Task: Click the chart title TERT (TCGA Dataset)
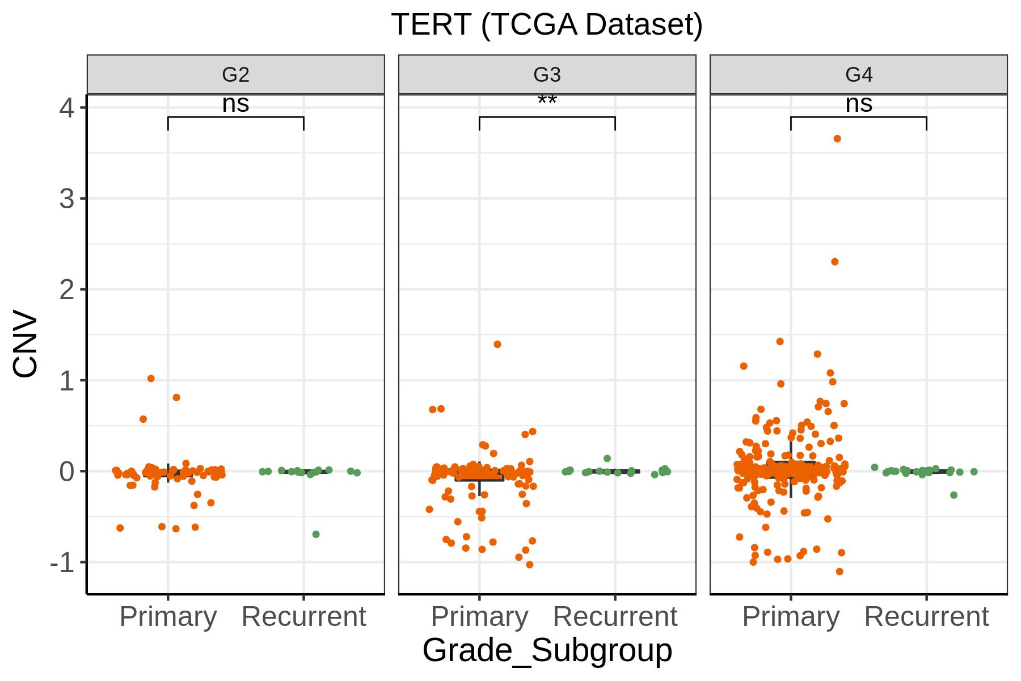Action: coord(547,25)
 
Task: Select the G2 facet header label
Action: coord(235,74)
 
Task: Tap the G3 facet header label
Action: coord(547,74)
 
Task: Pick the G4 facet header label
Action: coord(859,74)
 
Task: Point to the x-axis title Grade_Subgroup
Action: coord(547,650)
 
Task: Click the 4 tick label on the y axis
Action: coord(67,108)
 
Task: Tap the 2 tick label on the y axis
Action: coord(67,290)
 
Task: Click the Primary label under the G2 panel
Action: coord(168,616)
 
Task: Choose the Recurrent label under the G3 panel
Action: coord(615,616)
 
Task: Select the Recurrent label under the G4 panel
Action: coord(927,616)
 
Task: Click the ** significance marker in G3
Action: coord(547,101)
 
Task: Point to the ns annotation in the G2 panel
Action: coord(235,104)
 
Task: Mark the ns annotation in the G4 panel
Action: coord(859,104)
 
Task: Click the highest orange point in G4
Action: coord(837,139)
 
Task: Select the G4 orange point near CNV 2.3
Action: coord(834,262)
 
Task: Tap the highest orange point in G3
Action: coord(497,344)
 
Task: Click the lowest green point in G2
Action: coord(316,535)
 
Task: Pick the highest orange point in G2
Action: coord(151,379)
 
